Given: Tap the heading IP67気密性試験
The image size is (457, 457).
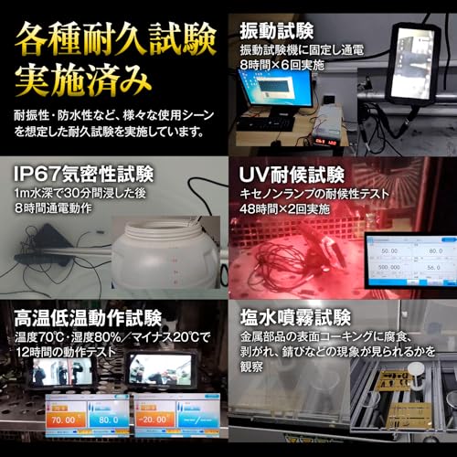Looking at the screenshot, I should pos(83,174).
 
